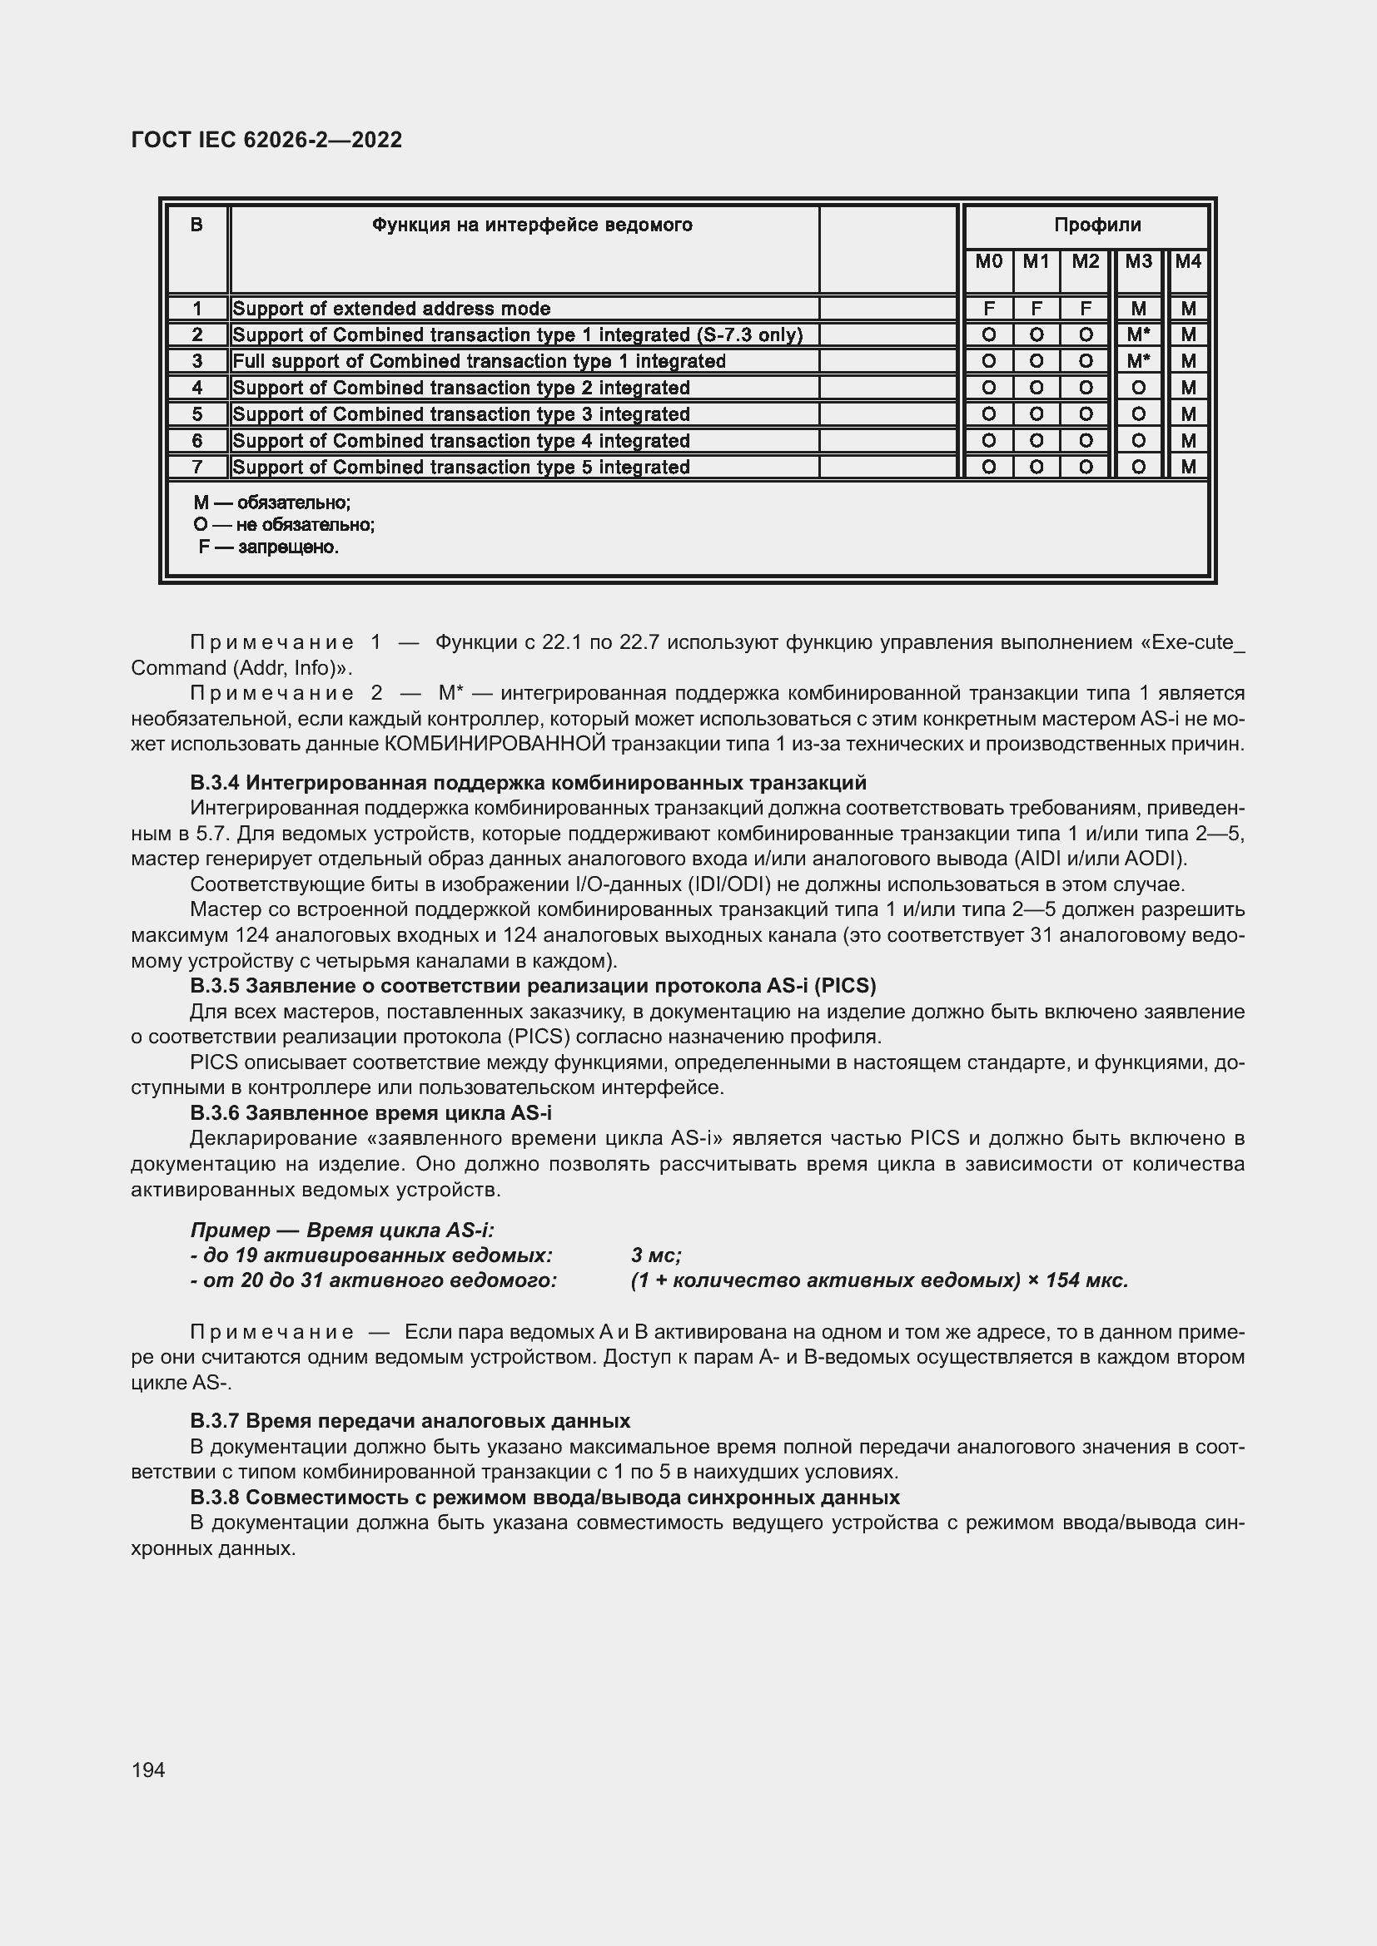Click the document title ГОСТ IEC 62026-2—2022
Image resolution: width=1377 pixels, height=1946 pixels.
[x=266, y=140]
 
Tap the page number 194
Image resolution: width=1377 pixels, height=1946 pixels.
[x=148, y=1770]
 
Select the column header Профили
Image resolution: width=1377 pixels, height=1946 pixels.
[x=1097, y=225]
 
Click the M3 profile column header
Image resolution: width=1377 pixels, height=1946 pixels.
[x=1138, y=262]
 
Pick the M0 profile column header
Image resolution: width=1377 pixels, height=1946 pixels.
[x=988, y=262]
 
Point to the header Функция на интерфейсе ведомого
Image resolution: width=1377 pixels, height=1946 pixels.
[x=532, y=225]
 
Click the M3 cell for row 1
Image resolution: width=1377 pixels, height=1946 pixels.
[x=1138, y=309]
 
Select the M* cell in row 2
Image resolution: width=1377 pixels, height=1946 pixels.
[x=1138, y=334]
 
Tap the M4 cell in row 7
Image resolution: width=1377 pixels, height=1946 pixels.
[x=1188, y=467]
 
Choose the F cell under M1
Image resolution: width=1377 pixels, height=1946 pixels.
[x=1036, y=309]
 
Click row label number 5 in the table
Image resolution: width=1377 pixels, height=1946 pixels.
[x=196, y=414]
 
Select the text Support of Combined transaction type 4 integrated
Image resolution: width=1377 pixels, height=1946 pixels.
[x=460, y=441]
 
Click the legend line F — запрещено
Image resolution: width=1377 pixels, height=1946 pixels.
[x=269, y=547]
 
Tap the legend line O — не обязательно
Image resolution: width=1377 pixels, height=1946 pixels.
[x=284, y=526]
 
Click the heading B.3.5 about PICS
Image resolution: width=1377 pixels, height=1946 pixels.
[x=533, y=986]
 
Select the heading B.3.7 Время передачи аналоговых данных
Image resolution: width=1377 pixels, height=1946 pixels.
[x=410, y=1420]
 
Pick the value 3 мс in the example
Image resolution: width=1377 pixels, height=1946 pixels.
[x=655, y=1255]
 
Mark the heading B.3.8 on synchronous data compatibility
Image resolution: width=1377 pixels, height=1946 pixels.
[x=544, y=1497]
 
